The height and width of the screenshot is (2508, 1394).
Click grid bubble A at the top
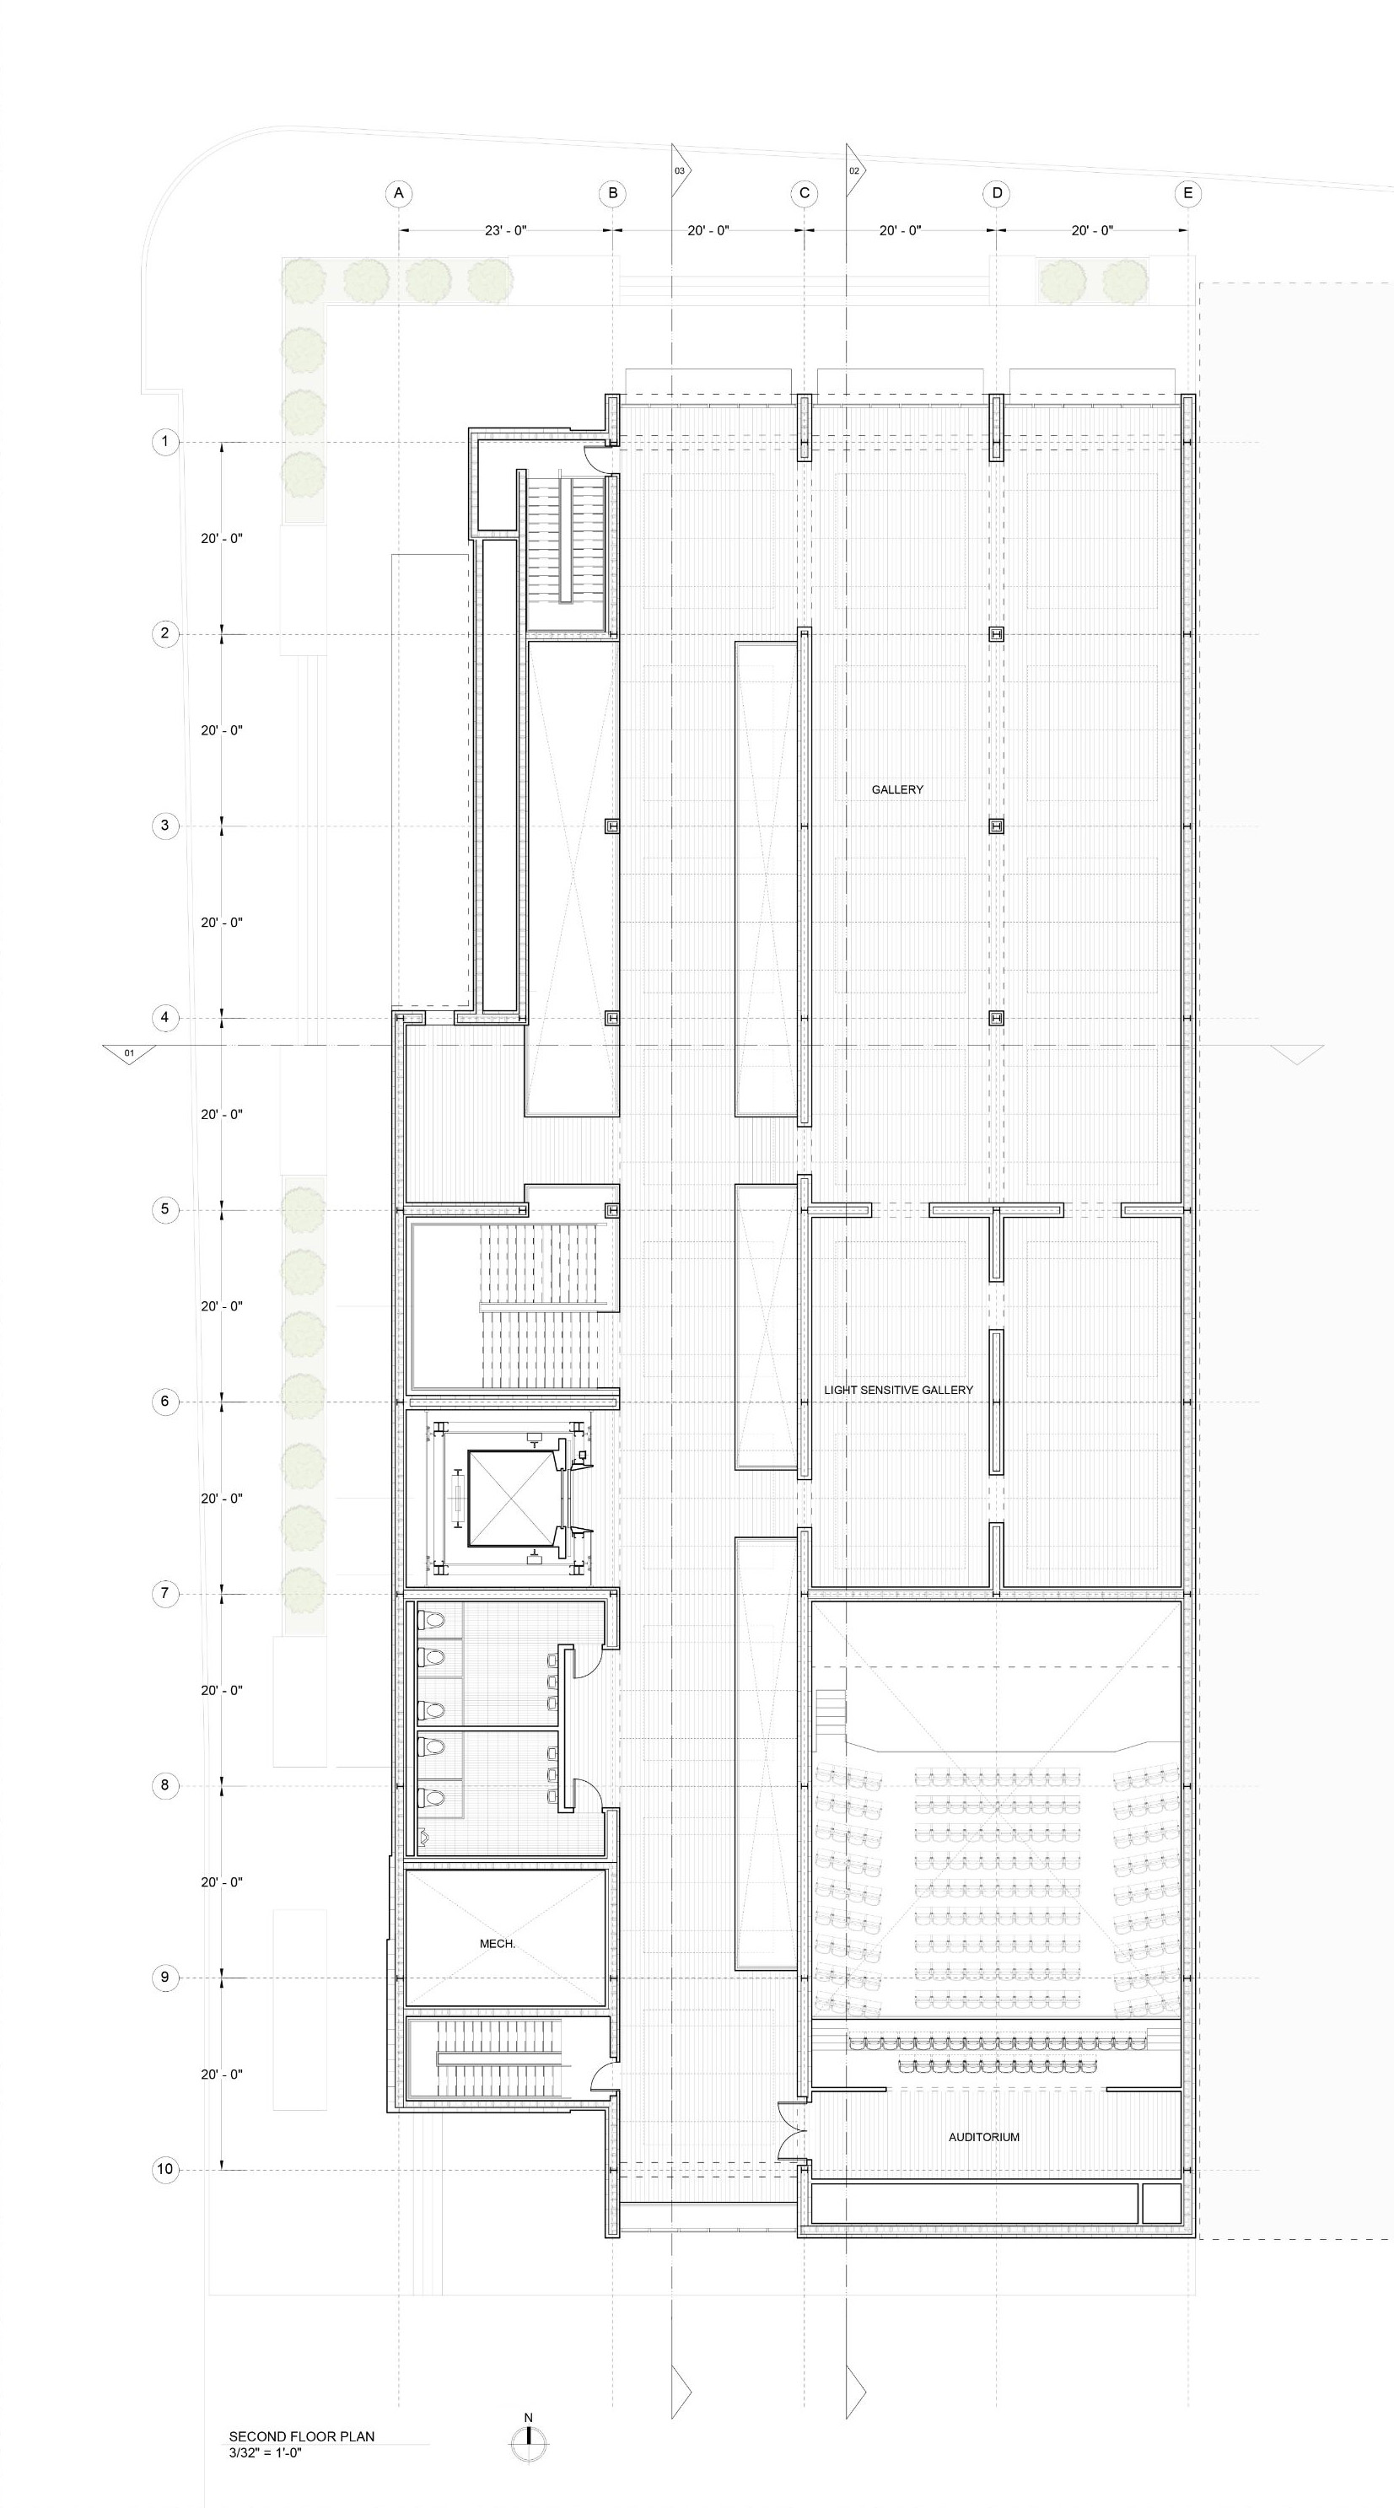pyautogui.click(x=398, y=193)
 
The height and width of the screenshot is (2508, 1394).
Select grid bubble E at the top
pyautogui.click(x=1187, y=193)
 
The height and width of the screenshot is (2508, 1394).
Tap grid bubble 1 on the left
pyautogui.click(x=165, y=442)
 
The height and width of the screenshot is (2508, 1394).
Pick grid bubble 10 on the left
pyautogui.click(x=165, y=2169)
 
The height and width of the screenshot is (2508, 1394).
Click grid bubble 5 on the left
pyautogui.click(x=165, y=1209)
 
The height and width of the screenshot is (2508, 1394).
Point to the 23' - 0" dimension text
pyautogui.click(x=505, y=231)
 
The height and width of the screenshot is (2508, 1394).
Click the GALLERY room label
pyautogui.click(x=897, y=789)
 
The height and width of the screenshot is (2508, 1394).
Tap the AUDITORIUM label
pyautogui.click(x=984, y=2137)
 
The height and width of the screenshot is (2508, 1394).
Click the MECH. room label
pyautogui.click(x=498, y=1943)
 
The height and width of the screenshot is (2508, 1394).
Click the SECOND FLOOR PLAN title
pyautogui.click(x=302, y=2437)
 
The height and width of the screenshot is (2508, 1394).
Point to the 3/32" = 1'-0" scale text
pyautogui.click(x=266, y=2452)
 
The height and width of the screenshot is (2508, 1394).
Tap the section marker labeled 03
pyautogui.click(x=679, y=170)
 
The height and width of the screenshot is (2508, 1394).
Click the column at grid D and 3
pyautogui.click(x=996, y=826)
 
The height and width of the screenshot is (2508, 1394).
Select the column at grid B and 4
pyautogui.click(x=612, y=1017)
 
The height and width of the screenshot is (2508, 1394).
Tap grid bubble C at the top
pyautogui.click(x=804, y=193)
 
